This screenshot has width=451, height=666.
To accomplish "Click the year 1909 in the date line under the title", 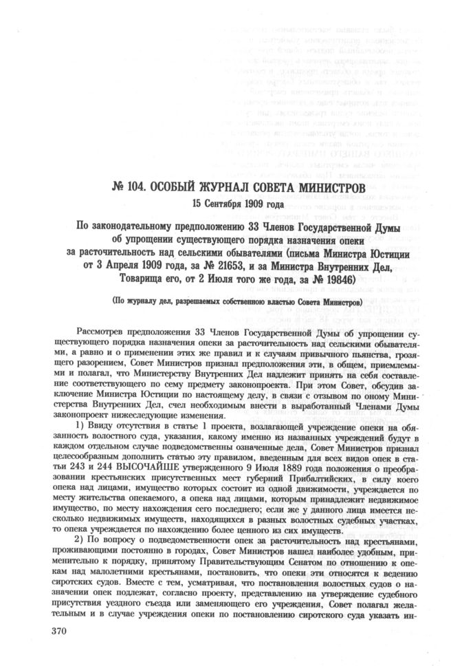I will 258,205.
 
